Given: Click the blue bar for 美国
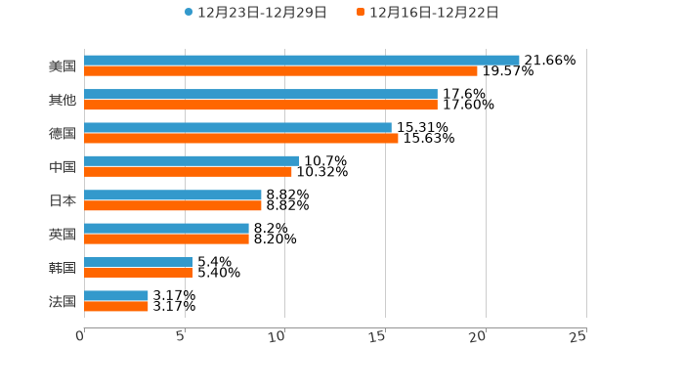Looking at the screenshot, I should click(x=301, y=60).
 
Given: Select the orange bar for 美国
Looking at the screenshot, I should click(x=280, y=70).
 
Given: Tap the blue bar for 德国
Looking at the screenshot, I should click(x=237, y=127).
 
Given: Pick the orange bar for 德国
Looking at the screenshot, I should click(x=240, y=138).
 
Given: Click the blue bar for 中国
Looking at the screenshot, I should click(x=192, y=160).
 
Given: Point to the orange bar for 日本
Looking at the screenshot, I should click(x=173, y=205).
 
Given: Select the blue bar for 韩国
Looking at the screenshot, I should click(x=139, y=262).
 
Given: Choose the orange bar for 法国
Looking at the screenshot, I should click(x=116, y=306).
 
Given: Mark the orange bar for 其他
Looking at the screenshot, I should click(x=261, y=105).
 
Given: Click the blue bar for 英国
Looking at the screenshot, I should click(x=166, y=228).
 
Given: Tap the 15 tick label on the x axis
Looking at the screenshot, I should click(x=377, y=336).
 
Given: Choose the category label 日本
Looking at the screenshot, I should click(x=63, y=200).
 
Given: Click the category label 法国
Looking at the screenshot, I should click(x=63, y=301).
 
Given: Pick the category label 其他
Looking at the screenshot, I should click(x=63, y=100).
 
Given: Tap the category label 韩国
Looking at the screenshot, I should click(x=63, y=268).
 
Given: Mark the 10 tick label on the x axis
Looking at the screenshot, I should click(x=278, y=336).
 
